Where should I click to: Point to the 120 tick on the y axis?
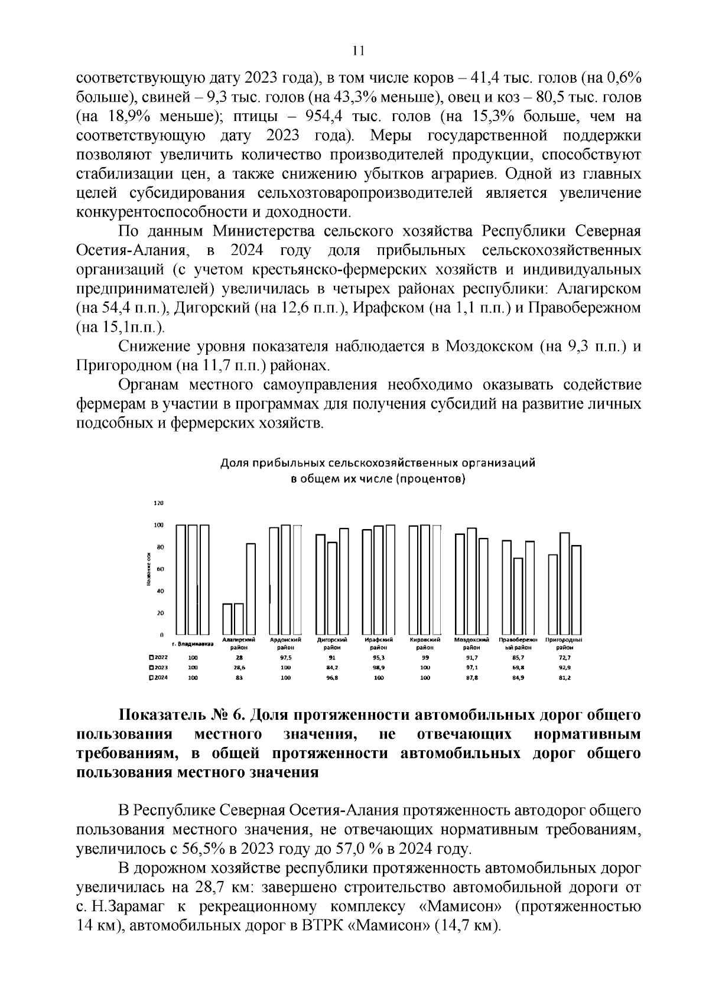click(x=158, y=503)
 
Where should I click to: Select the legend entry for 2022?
click(x=160, y=657)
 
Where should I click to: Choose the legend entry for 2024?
click(x=160, y=678)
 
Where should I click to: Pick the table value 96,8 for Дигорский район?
click(x=332, y=678)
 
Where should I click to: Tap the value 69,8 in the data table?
click(x=518, y=667)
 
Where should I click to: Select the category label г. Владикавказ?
click(x=193, y=643)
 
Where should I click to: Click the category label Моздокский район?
click(x=471, y=643)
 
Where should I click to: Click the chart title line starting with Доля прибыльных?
click(x=378, y=463)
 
